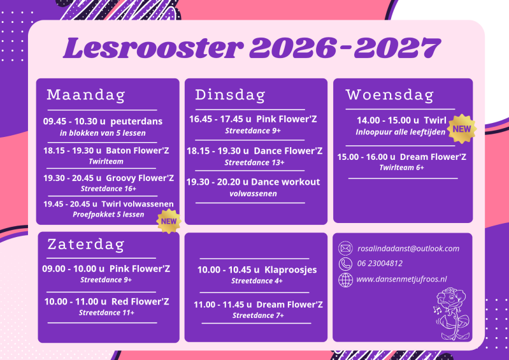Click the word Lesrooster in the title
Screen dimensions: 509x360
(x=152, y=48)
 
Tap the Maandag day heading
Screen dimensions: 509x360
(x=86, y=95)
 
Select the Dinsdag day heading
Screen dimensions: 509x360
(x=230, y=95)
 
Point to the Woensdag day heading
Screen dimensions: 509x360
(x=389, y=95)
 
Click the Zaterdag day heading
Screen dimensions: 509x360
(x=86, y=245)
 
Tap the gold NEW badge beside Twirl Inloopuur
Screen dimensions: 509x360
(x=462, y=129)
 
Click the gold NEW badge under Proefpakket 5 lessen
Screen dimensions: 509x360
(x=169, y=221)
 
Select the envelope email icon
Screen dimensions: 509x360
(x=345, y=248)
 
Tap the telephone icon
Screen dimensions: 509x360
(x=345, y=264)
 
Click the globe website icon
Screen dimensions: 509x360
(x=345, y=280)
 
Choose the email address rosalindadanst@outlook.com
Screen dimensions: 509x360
(x=408, y=248)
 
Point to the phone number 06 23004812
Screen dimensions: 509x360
(x=380, y=263)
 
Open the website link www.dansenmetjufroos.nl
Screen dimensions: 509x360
(x=401, y=279)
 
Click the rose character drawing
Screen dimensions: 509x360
(x=451, y=313)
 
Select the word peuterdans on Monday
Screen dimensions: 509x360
(x=136, y=122)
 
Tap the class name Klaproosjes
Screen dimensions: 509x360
(x=290, y=270)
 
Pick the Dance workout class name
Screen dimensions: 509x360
(x=285, y=182)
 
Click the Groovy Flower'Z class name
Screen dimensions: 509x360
(x=140, y=178)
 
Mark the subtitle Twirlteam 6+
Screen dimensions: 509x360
(x=401, y=168)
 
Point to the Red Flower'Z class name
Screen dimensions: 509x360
(x=140, y=301)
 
